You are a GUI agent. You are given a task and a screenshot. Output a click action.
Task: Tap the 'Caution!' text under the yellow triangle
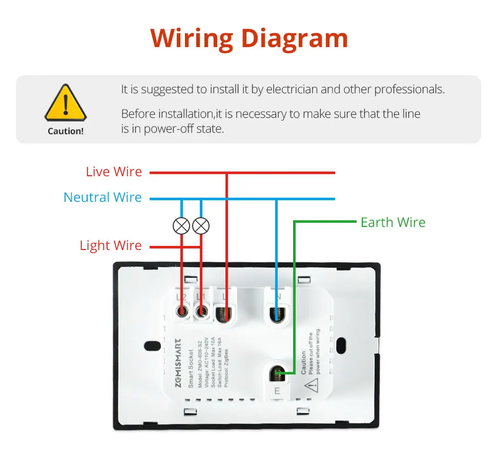pyautogui.click(x=66, y=131)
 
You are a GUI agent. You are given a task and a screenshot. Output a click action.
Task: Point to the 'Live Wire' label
pyautogui.click(x=114, y=172)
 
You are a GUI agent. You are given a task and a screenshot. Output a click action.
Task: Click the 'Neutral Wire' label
pyautogui.click(x=102, y=198)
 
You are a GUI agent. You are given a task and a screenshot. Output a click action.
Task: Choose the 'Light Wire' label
pyautogui.click(x=111, y=245)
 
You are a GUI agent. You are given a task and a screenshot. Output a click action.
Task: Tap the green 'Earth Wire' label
pyautogui.click(x=393, y=223)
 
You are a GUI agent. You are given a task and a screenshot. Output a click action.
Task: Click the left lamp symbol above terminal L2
pyautogui.click(x=181, y=225)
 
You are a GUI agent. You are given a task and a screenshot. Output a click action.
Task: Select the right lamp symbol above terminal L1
pyautogui.click(x=201, y=225)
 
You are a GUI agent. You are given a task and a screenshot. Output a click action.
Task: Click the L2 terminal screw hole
pyautogui.click(x=181, y=310)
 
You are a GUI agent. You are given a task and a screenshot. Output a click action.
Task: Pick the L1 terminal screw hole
pyautogui.click(x=202, y=310)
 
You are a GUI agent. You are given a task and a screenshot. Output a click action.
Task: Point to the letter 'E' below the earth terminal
pyautogui.click(x=277, y=392)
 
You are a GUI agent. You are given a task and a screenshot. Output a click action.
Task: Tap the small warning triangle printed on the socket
pyautogui.click(x=310, y=384)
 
